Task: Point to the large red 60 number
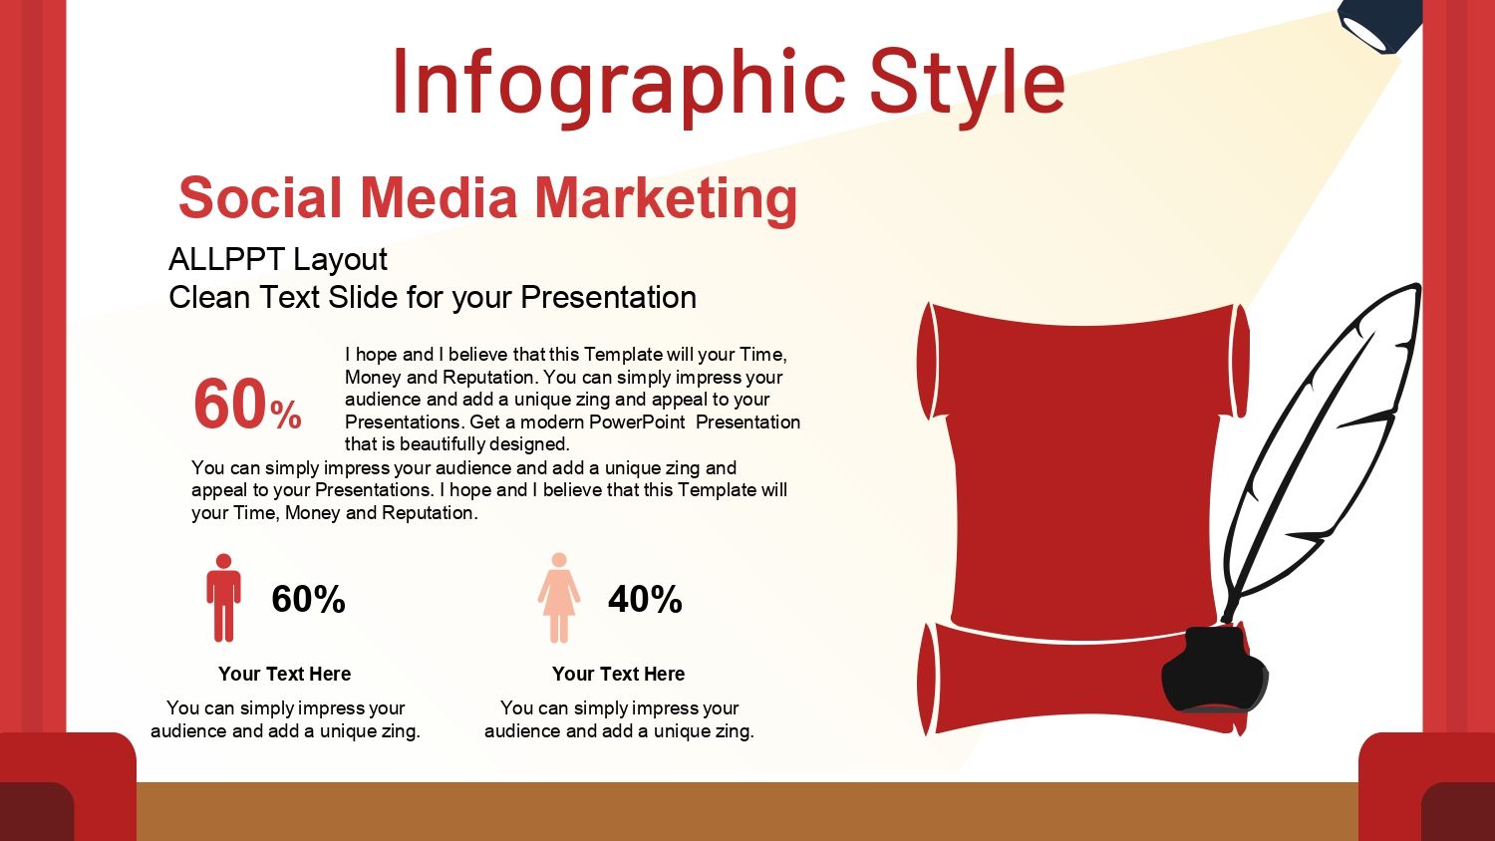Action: click(230, 405)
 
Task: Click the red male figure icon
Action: click(223, 598)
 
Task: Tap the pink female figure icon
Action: click(559, 598)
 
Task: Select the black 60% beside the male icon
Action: click(308, 599)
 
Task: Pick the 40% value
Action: click(645, 599)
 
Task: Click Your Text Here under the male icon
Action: click(284, 675)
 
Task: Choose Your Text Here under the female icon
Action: click(619, 675)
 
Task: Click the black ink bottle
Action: click(1215, 670)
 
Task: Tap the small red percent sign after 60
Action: click(286, 416)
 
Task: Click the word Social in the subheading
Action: click(260, 198)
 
